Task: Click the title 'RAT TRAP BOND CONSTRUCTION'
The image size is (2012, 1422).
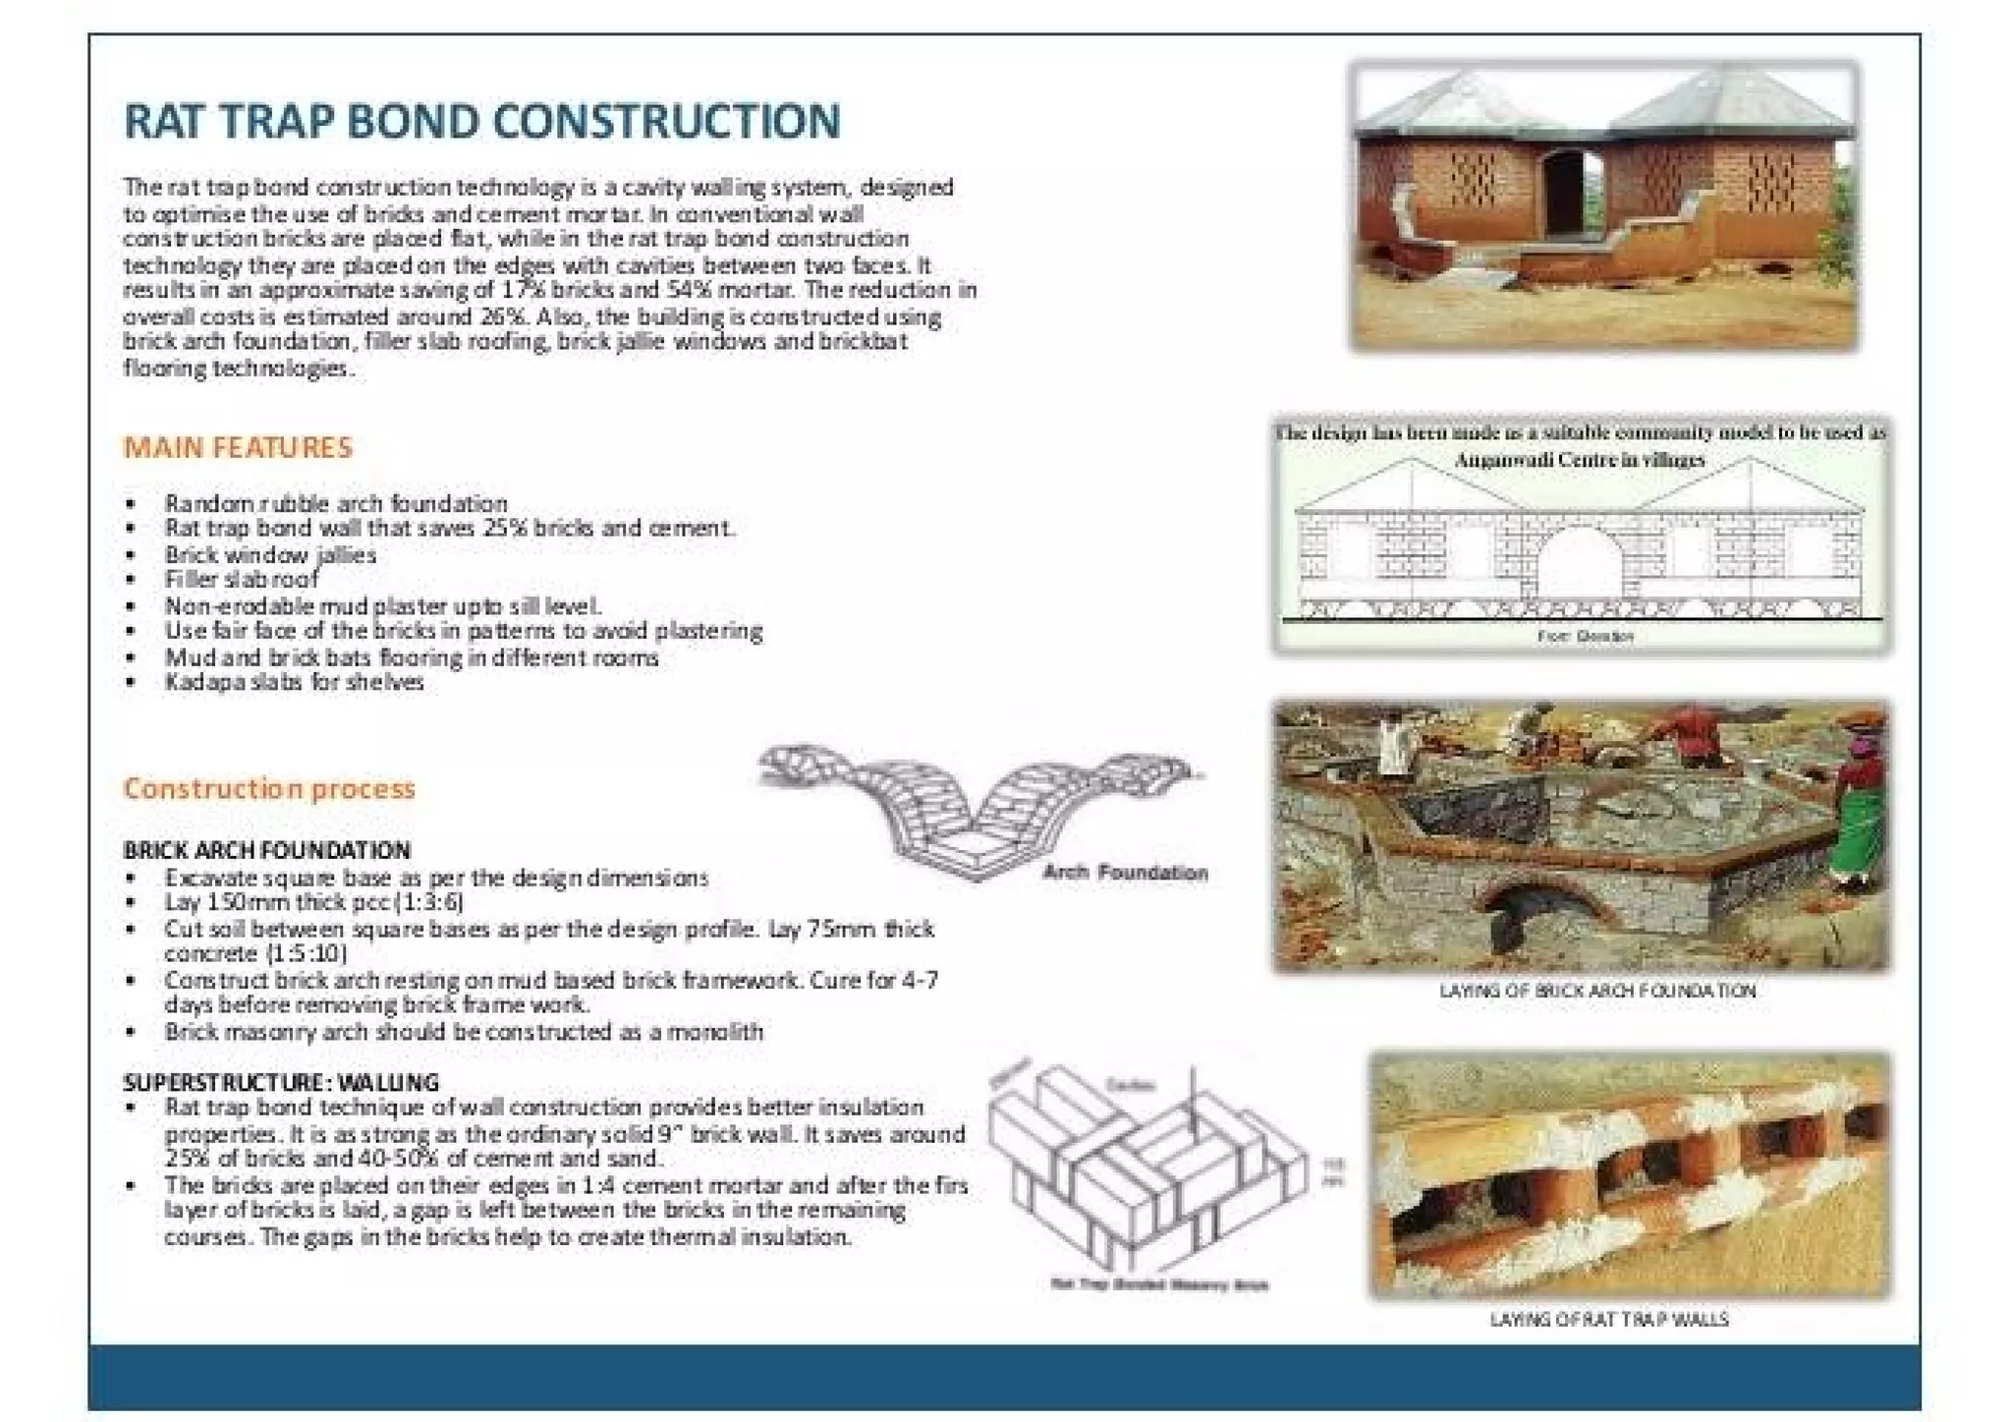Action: tap(481, 122)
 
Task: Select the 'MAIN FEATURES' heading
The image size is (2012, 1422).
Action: tap(238, 448)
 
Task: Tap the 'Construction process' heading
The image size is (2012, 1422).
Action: tap(269, 788)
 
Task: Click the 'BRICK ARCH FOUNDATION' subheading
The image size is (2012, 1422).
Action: tap(267, 850)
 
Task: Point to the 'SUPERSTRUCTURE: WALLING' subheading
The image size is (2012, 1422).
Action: tap(281, 1082)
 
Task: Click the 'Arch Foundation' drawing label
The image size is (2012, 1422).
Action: tap(1125, 873)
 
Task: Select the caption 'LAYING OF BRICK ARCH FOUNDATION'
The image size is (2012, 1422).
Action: tap(1596, 991)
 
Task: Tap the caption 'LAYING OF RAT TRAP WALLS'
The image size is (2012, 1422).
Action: tap(1608, 1319)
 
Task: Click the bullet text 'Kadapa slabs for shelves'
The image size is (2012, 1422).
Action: tap(294, 682)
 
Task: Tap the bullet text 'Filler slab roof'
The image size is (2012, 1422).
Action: tap(241, 579)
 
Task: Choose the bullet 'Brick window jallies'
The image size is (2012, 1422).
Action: tap(270, 554)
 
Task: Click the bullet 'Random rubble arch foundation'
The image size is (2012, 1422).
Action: tap(336, 503)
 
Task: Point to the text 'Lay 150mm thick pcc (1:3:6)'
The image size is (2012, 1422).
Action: tap(313, 902)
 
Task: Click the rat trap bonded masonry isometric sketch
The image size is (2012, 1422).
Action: tap(1149, 1169)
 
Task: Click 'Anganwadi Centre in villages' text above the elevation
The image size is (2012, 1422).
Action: tap(1579, 459)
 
